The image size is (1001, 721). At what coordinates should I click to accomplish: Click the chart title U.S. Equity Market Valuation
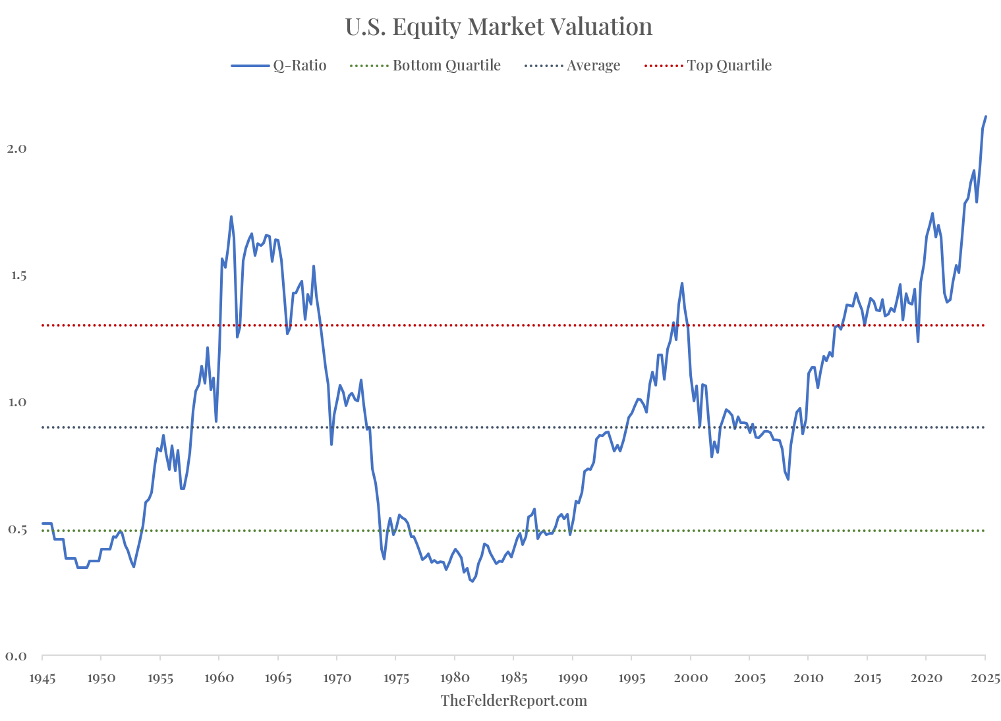coord(499,27)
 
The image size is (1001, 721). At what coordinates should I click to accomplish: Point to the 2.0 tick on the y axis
coord(16,149)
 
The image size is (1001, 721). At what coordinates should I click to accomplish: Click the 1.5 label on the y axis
coord(16,276)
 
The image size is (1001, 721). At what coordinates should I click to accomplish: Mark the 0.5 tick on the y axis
coord(16,530)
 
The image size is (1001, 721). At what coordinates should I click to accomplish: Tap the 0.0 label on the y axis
coord(16,656)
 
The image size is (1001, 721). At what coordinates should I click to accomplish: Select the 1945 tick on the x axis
coord(42,678)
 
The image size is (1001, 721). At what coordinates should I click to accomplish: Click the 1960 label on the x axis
coord(218,678)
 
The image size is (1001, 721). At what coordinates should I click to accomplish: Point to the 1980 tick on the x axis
coord(455,678)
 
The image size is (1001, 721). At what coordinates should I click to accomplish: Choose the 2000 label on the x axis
coord(691,678)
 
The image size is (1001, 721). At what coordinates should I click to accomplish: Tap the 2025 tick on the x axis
coord(985,678)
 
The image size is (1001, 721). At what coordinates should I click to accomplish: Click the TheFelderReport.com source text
coord(513,701)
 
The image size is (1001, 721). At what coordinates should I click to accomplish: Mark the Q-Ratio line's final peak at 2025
coord(985,117)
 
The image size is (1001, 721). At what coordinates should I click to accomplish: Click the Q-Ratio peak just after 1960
coord(231,217)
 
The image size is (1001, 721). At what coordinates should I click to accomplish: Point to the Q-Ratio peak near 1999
coord(682,283)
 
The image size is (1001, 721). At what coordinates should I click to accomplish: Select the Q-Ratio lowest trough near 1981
coord(472,581)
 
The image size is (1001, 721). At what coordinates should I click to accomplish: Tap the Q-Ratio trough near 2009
coord(788,479)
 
